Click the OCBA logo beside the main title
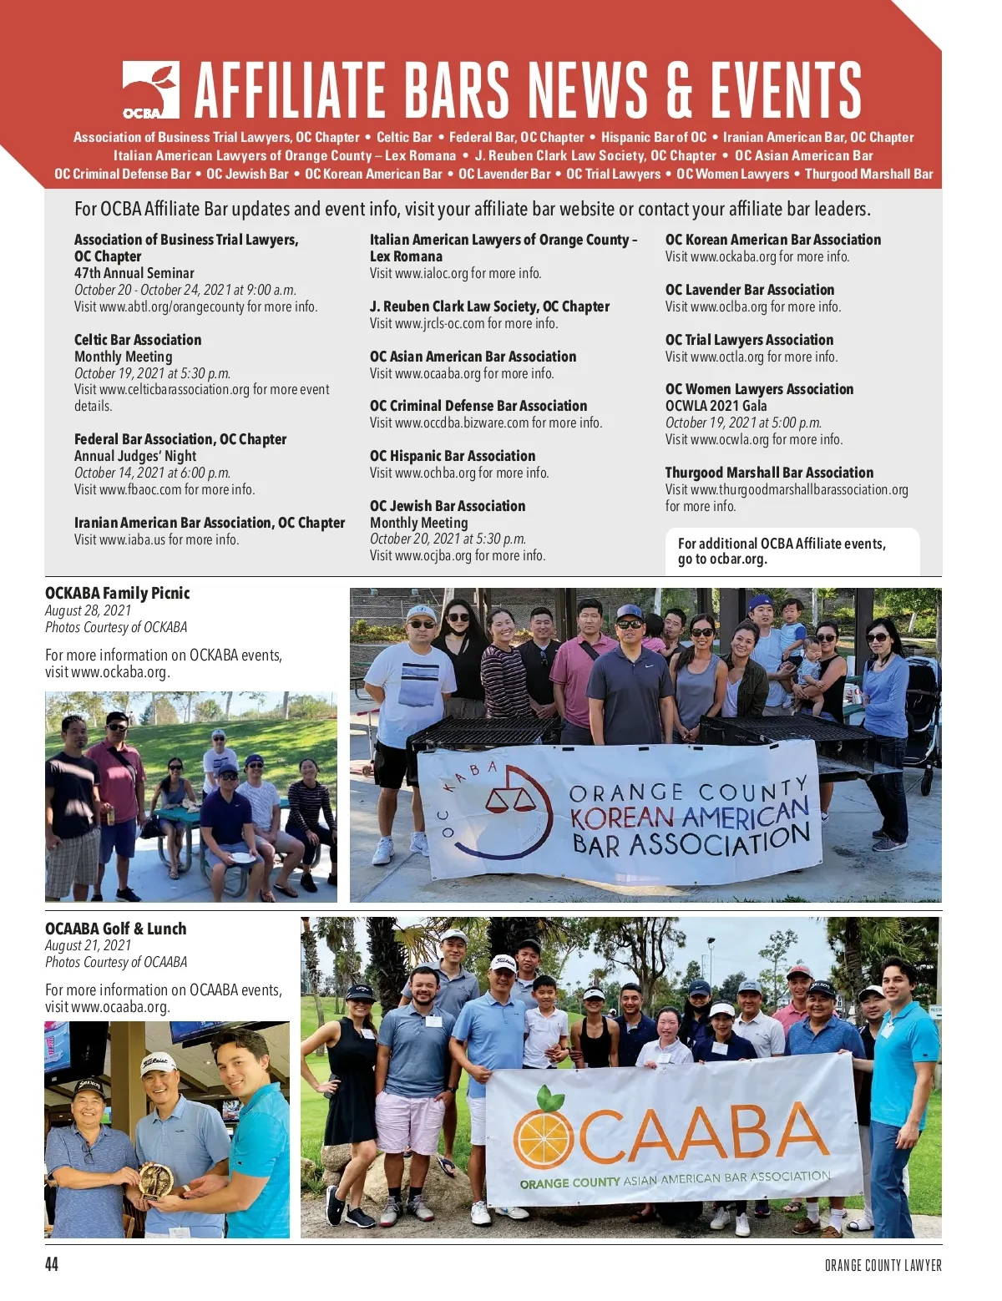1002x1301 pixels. click(x=150, y=90)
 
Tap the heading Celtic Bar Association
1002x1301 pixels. click(x=138, y=340)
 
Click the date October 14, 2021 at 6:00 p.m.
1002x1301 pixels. click(x=152, y=473)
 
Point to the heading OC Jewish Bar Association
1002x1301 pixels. click(x=448, y=506)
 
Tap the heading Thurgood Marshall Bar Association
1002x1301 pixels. click(x=769, y=473)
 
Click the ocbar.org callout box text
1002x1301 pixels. click(x=782, y=551)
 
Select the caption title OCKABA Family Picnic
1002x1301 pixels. click(x=118, y=593)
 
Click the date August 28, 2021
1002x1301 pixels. click(x=88, y=610)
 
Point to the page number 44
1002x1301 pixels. click(x=52, y=1264)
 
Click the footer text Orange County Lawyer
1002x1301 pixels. click(x=883, y=1265)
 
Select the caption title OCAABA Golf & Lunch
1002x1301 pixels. click(x=116, y=929)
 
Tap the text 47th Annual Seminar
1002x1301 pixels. click(x=134, y=273)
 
